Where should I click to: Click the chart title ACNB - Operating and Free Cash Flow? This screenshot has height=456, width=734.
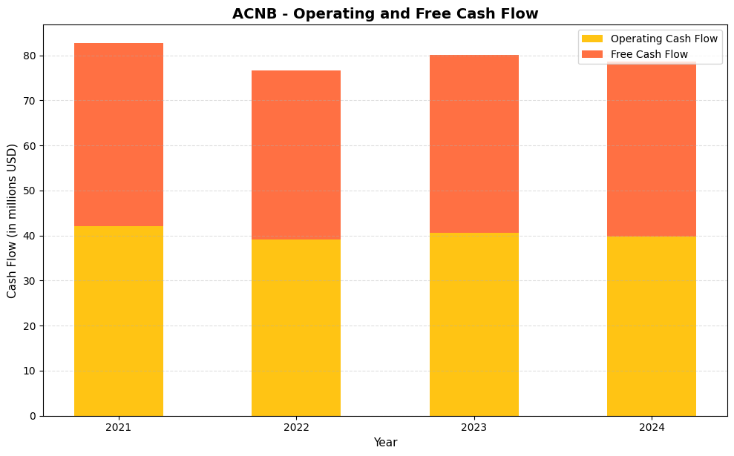pyautogui.click(x=385, y=13)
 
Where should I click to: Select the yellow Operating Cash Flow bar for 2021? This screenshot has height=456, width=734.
pyautogui.click(x=119, y=320)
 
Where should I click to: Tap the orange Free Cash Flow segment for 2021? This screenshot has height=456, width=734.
pyautogui.click(x=119, y=134)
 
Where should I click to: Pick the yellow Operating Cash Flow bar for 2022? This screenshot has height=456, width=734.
pyautogui.click(x=296, y=327)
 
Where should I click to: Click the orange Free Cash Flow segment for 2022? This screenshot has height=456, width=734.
pyautogui.click(x=296, y=155)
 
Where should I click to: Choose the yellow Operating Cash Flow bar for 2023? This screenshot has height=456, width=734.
pyautogui.click(x=474, y=324)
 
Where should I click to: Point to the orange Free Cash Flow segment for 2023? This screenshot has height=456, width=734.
pyautogui.click(x=474, y=144)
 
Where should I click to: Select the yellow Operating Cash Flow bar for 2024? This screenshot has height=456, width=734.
pyautogui.click(x=652, y=326)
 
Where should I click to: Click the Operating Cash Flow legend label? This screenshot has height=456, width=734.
pyautogui.click(x=663, y=39)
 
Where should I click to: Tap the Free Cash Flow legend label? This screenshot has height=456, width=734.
pyautogui.click(x=649, y=54)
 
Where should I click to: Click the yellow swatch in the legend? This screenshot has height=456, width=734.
pyautogui.click(x=592, y=39)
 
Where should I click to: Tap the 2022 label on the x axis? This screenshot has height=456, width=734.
pyautogui.click(x=296, y=427)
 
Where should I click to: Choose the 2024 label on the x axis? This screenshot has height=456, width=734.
pyautogui.click(x=652, y=427)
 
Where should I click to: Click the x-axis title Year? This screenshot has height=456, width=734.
pyautogui.click(x=385, y=443)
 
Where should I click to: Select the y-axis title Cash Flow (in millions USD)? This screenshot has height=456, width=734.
pyautogui.click(x=12, y=220)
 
